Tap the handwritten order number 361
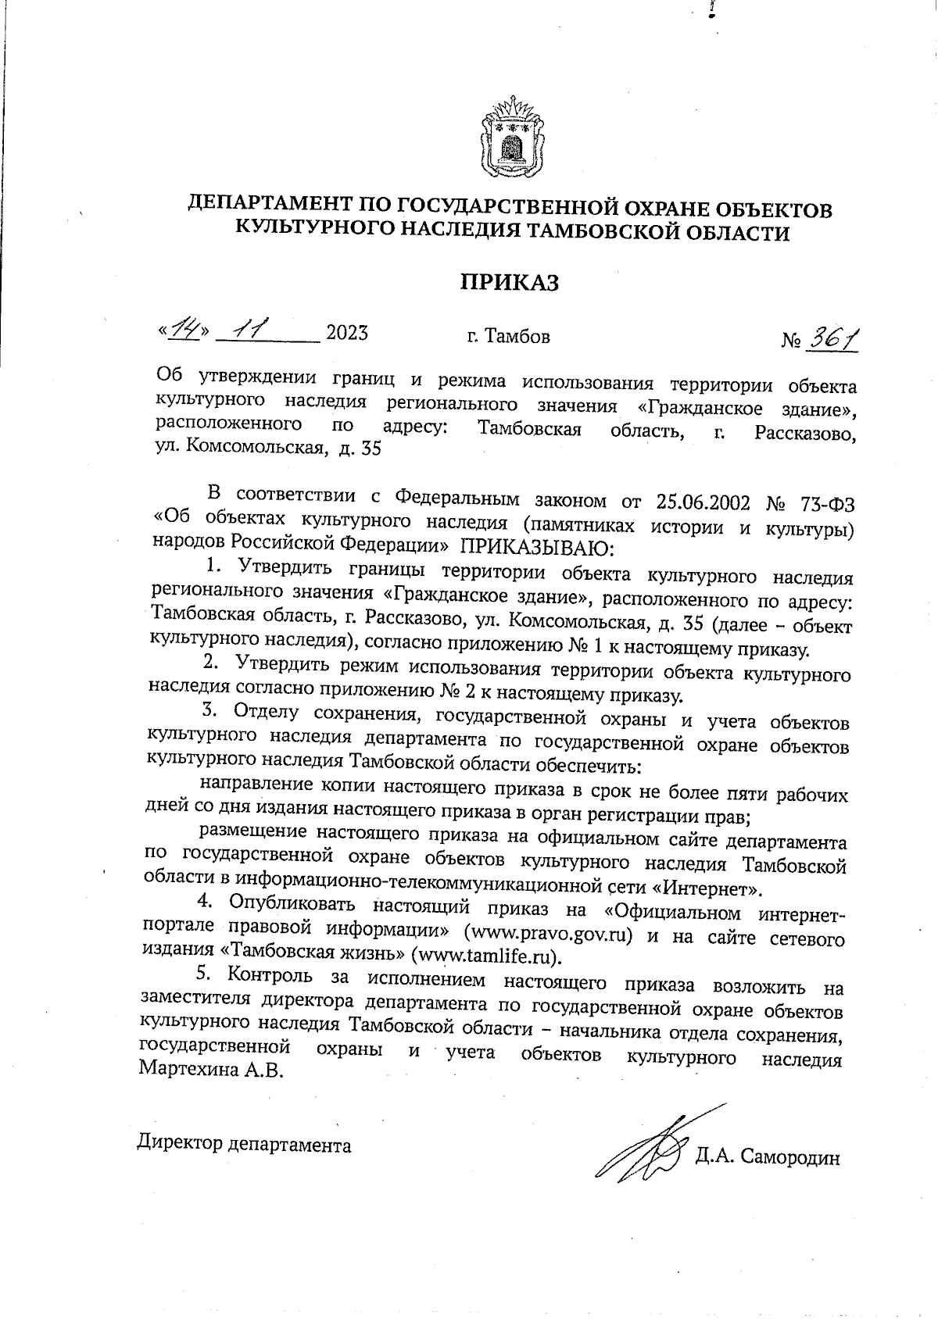832,338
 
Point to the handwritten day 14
184,333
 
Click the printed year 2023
346,334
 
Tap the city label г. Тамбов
508,337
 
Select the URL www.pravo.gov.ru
548,935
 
